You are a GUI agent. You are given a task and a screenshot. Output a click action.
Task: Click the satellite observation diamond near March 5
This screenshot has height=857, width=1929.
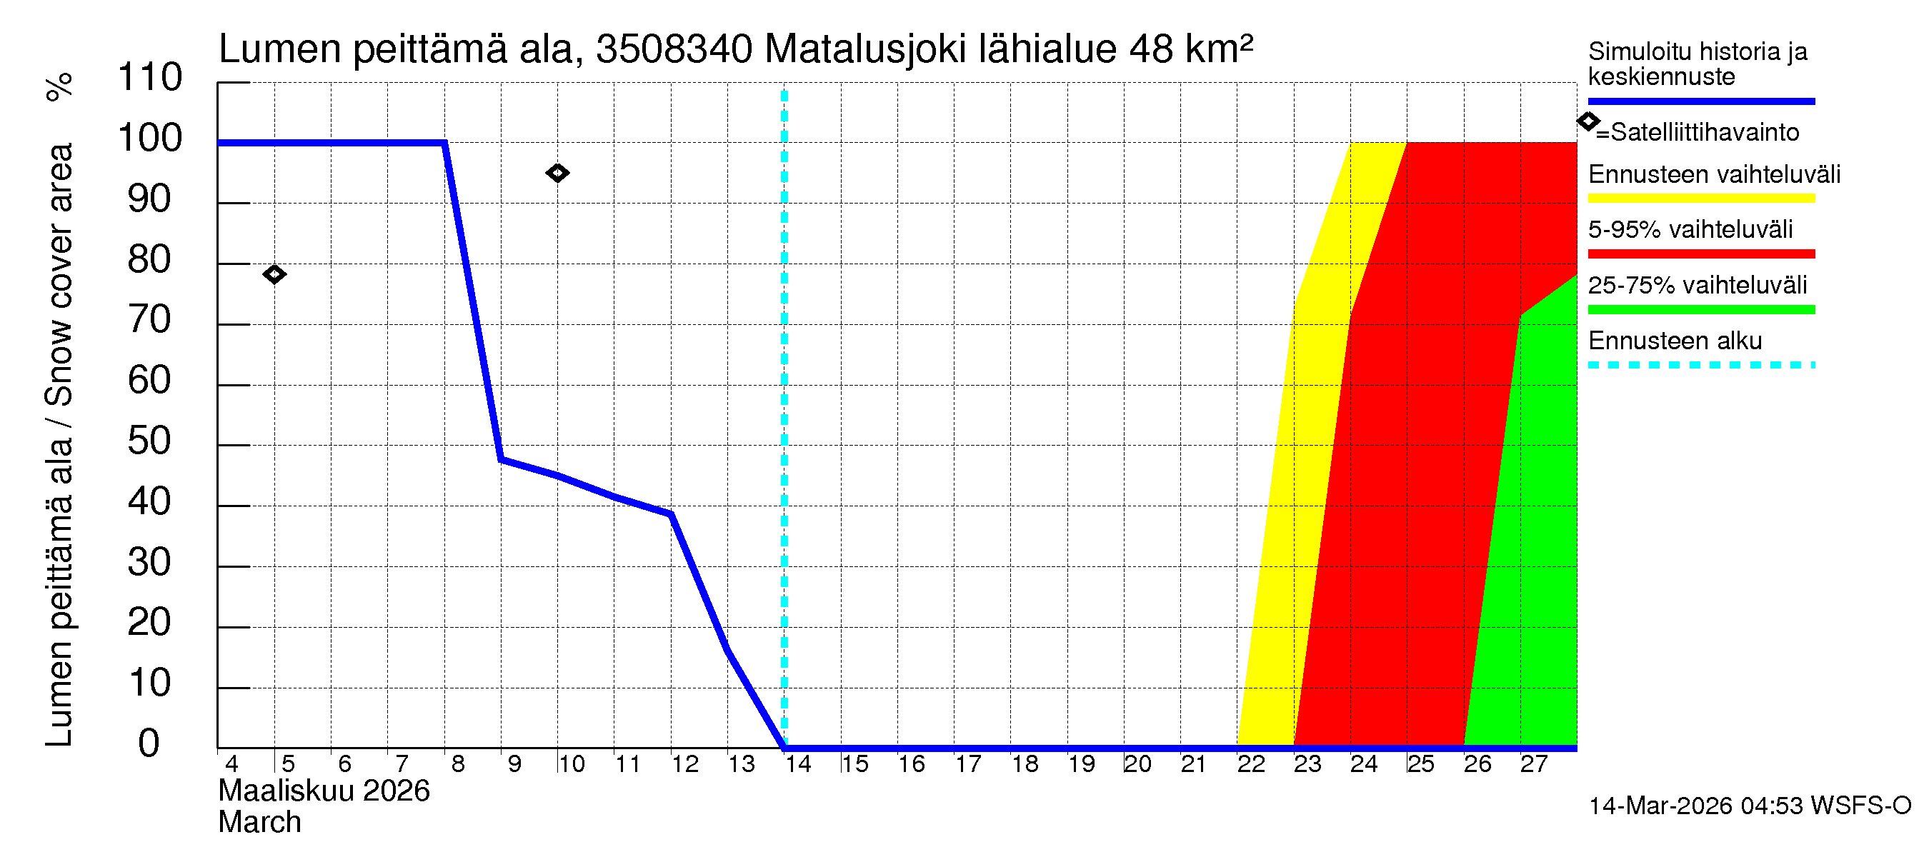point(274,275)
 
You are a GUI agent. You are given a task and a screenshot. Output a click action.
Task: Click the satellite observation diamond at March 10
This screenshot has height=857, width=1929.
point(557,173)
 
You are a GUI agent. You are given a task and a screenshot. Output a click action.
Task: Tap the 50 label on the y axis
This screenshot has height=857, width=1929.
point(150,441)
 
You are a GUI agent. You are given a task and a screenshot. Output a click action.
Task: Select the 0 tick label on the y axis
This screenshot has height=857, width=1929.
point(149,743)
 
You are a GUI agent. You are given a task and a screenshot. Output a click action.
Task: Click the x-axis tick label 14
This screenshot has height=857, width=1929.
point(797,764)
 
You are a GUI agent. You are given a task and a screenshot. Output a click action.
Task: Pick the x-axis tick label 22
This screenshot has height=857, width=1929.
point(1250,764)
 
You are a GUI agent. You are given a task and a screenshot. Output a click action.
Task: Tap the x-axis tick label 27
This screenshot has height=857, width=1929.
point(1534,764)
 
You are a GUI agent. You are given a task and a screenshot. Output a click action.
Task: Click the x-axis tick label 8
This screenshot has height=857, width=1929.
point(457,764)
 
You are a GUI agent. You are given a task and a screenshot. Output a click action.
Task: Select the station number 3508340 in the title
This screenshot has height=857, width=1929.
point(674,49)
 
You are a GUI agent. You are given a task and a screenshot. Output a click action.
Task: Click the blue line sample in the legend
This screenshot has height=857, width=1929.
point(1700,101)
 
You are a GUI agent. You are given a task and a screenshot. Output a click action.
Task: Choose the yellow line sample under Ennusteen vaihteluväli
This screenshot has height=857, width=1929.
point(1700,199)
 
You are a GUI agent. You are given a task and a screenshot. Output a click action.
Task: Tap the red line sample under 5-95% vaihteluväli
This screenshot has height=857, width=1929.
point(1700,254)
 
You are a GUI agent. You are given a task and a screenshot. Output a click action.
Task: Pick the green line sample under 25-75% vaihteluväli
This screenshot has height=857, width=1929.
point(1700,309)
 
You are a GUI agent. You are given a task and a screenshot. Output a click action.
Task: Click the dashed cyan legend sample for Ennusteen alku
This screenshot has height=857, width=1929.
point(1700,365)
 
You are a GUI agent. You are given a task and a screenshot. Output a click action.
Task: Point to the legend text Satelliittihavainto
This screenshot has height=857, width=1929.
point(1705,133)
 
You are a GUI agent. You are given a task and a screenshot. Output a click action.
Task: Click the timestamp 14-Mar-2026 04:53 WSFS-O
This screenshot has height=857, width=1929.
point(1749,806)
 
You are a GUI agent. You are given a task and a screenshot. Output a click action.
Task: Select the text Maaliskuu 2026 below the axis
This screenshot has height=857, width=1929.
point(324,791)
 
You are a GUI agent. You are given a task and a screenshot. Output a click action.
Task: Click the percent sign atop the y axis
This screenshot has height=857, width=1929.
point(59,87)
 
